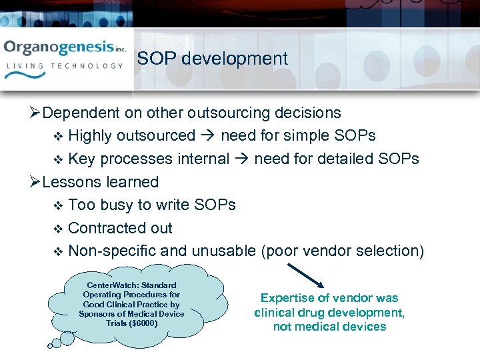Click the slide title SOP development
pos(212,59)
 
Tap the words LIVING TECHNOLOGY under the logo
pos(65,66)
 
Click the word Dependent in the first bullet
pos(77,113)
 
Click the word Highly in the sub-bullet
pos(90,136)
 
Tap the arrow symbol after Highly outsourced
pos(207,136)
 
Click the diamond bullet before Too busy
pos(57,205)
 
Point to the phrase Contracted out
pos(120,228)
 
